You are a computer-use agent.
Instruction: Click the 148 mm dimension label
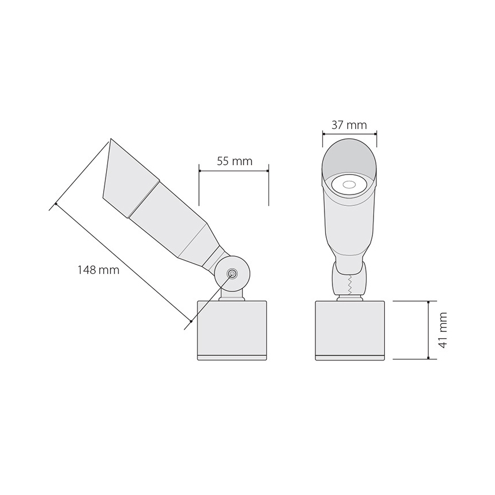99,270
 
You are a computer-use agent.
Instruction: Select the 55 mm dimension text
234,161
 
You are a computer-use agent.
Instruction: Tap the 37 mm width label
349,125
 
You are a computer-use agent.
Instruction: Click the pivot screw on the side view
233,274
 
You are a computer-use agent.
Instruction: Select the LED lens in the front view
349,184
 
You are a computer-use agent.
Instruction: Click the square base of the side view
233,326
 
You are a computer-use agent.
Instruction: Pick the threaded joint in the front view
349,283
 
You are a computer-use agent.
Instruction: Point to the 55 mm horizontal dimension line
234,169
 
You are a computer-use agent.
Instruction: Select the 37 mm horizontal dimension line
349,133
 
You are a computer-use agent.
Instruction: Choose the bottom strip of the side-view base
233,358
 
